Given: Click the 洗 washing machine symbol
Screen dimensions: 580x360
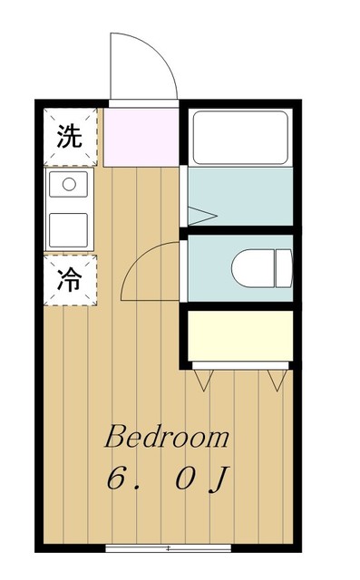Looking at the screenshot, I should pyautogui.click(x=69, y=137).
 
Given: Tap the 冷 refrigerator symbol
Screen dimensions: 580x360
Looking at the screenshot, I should pyautogui.click(x=69, y=280).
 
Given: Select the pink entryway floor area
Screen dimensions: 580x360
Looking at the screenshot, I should pyautogui.click(x=141, y=136).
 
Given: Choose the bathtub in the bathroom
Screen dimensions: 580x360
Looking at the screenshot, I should pyautogui.click(x=239, y=136).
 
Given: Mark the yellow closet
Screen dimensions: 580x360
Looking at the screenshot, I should pyautogui.click(x=239, y=335).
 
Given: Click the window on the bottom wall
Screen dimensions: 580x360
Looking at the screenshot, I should pyautogui.click(x=169, y=547).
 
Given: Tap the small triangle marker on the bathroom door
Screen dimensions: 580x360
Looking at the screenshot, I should pyautogui.click(x=201, y=216).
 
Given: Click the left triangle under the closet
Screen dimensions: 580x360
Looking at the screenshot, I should pyautogui.click(x=200, y=380).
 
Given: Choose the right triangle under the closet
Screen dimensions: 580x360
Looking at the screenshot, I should pyautogui.click(x=277, y=380).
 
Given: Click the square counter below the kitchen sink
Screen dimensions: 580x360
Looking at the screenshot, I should pyautogui.click(x=68, y=230).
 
